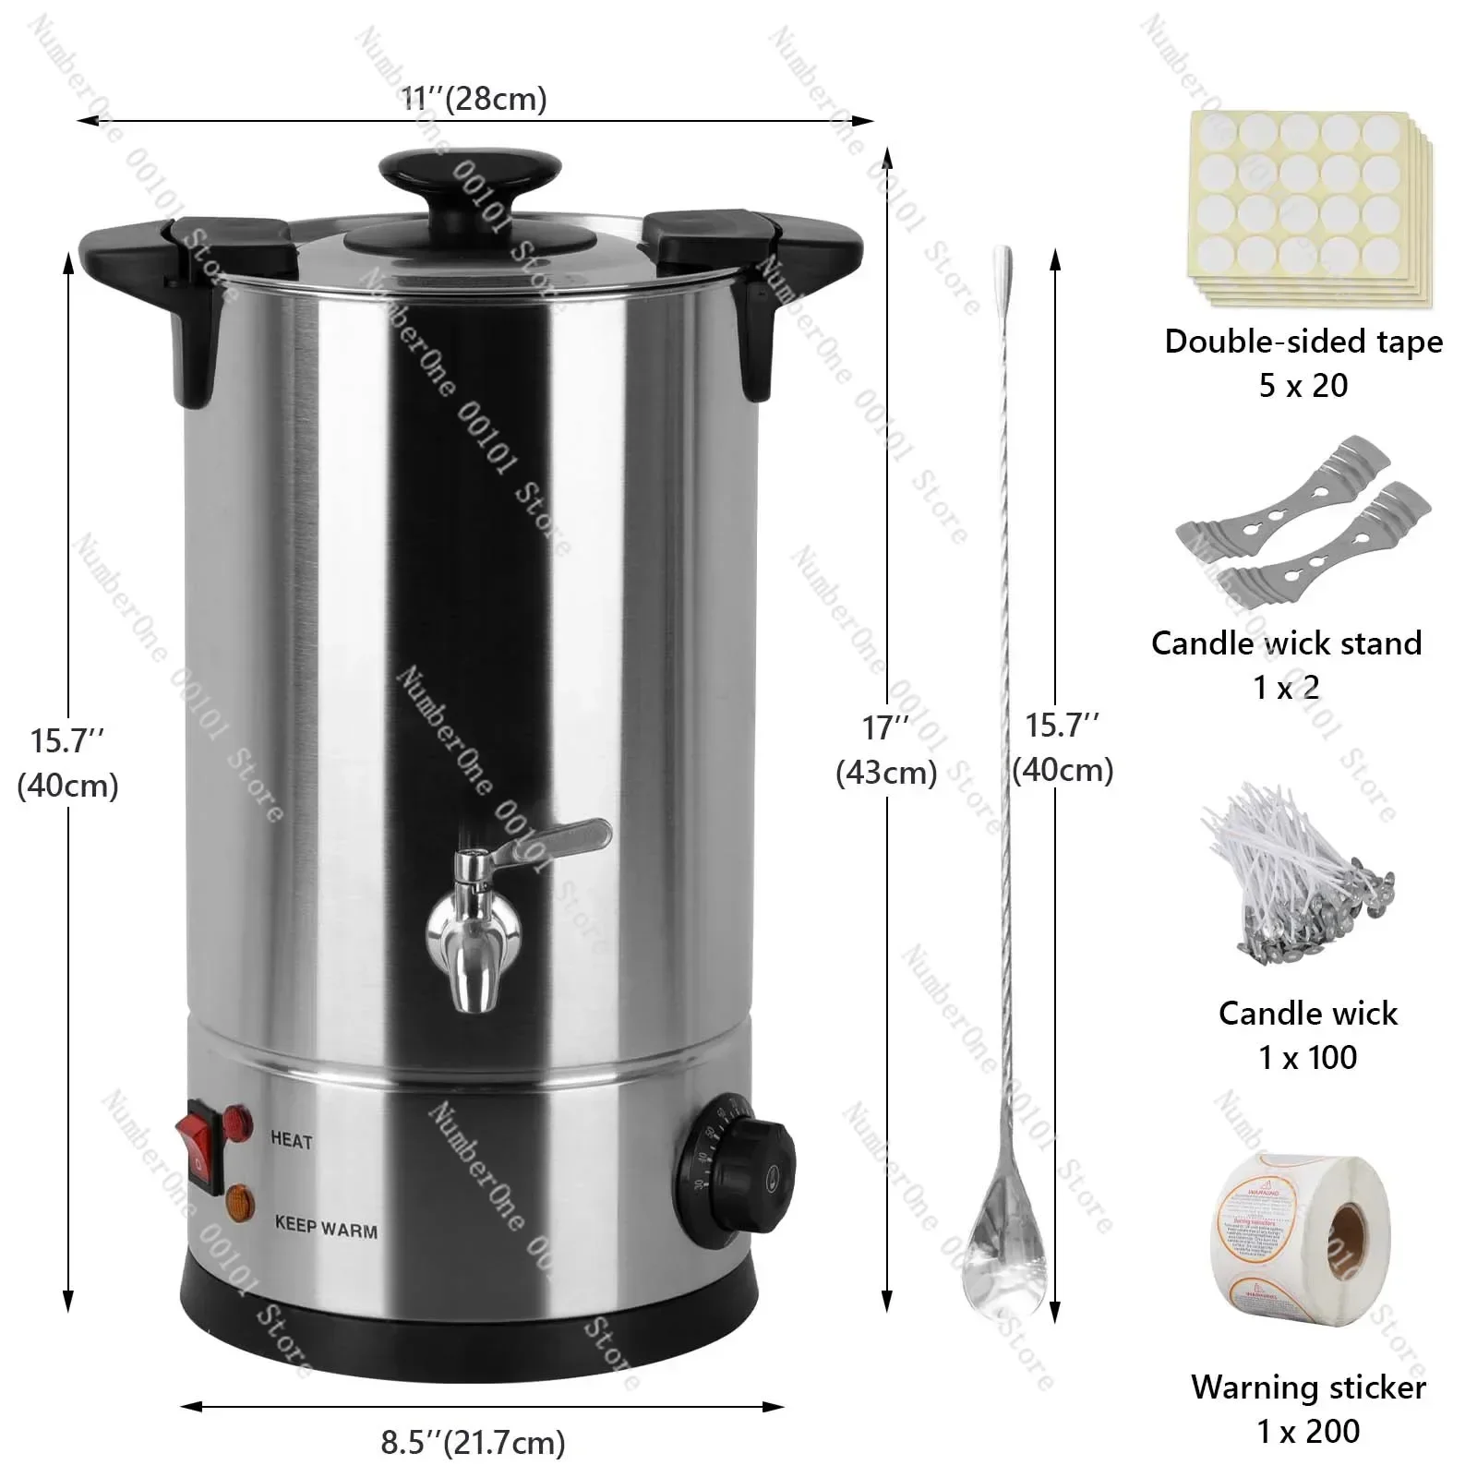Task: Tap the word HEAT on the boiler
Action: click(292, 1141)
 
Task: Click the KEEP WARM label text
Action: click(326, 1228)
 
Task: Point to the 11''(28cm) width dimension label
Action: click(474, 98)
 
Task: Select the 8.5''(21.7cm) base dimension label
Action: click(473, 1441)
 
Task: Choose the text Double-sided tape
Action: click(1303, 342)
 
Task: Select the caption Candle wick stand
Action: click(1286, 642)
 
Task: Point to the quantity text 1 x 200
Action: click(1308, 1431)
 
